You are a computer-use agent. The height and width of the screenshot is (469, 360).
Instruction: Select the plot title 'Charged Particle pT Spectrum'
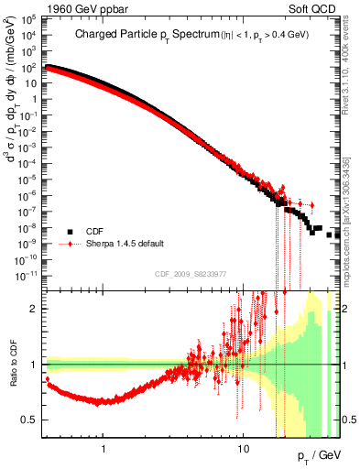click(x=137, y=35)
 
